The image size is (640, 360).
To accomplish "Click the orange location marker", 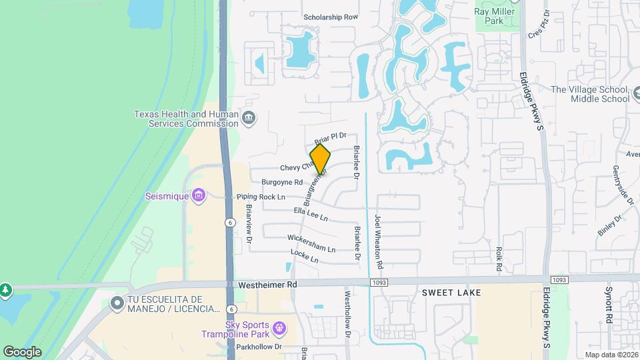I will [x=321, y=159].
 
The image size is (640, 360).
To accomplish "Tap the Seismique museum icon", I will [x=198, y=195].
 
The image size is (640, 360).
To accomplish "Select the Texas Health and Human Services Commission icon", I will [x=249, y=119].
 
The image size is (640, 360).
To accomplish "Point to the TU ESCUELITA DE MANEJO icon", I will [x=118, y=303].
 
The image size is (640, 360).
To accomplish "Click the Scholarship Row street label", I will [x=331, y=17].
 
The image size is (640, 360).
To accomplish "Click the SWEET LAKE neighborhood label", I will [x=451, y=293].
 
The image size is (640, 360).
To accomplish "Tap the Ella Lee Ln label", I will [x=311, y=214].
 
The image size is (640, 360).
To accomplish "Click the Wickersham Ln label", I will [x=311, y=243].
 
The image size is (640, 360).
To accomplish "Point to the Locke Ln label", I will [x=305, y=255].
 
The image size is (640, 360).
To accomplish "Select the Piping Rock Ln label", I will [x=261, y=197].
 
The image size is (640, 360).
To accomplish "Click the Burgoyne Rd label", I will [x=278, y=182].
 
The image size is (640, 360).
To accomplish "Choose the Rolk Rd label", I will [x=499, y=259].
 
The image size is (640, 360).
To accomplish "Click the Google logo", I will [x=22, y=351].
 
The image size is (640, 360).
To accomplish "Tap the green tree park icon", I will [x=6, y=290].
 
